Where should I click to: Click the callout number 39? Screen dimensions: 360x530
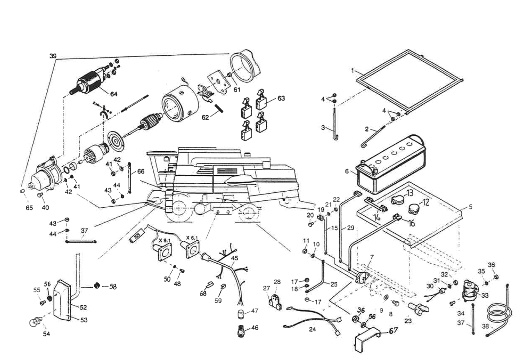point(53,56)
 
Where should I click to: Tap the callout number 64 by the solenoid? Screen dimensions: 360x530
point(114,94)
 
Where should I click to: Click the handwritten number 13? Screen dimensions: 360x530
point(410,193)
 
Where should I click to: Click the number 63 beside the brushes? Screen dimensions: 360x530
point(281,98)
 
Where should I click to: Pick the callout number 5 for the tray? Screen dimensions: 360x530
point(470,207)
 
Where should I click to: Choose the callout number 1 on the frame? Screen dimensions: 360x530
point(353,71)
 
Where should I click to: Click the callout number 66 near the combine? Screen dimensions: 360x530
point(141,171)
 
